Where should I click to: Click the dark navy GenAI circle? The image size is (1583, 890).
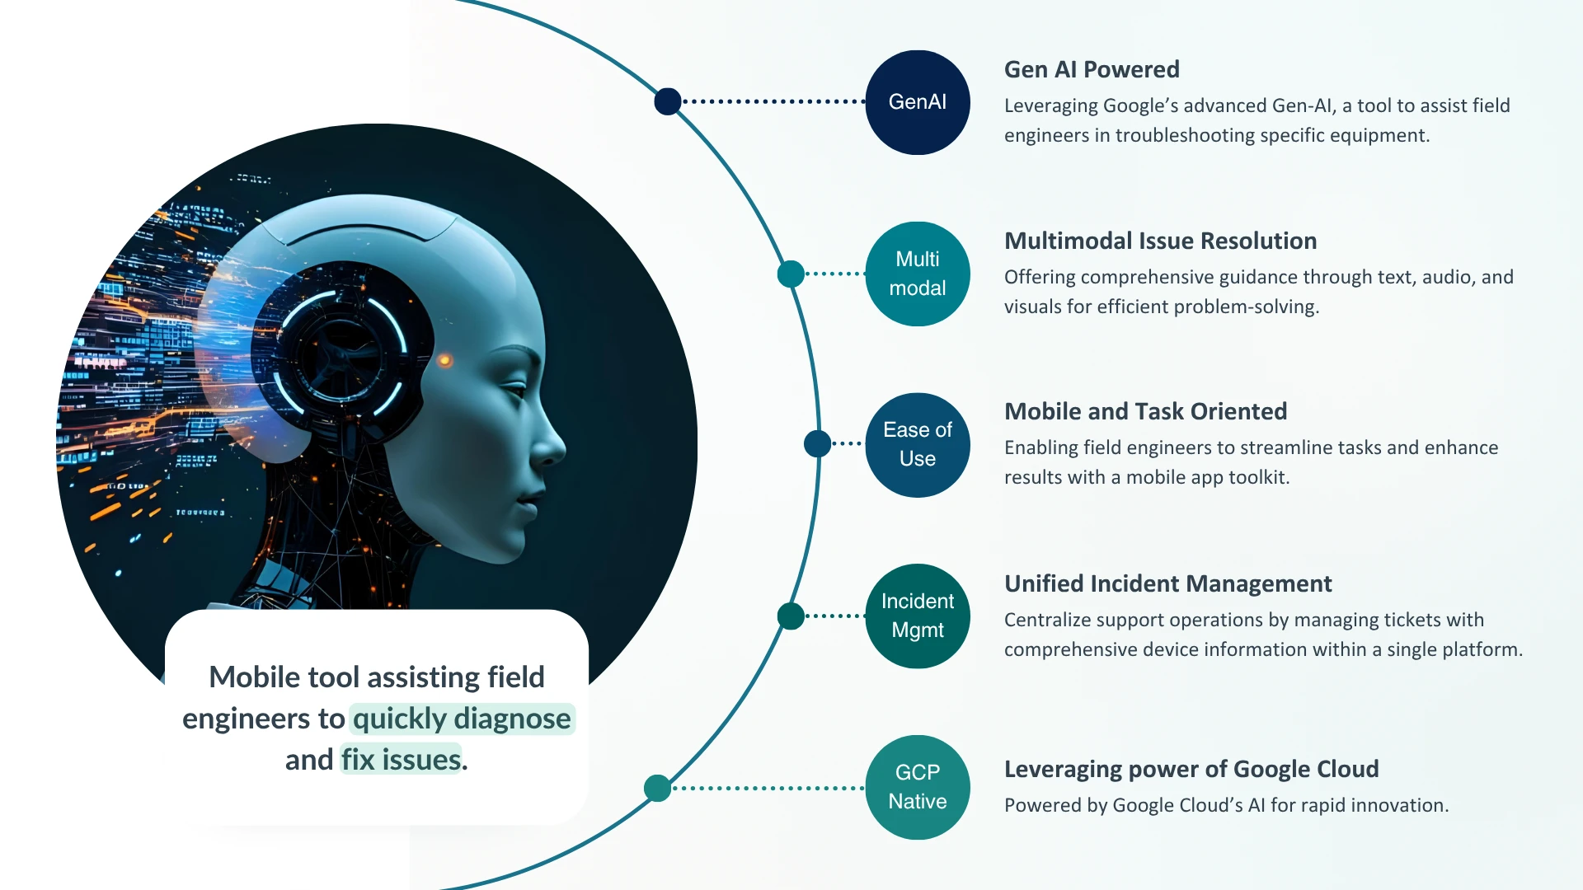pos(917,102)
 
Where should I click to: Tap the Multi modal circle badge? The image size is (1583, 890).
pos(917,274)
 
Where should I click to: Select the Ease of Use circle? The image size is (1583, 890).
pos(917,445)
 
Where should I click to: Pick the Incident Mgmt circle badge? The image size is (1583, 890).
pos(917,616)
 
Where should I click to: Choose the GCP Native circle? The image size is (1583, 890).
pos(917,787)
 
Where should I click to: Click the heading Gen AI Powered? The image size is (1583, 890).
pos(1091,69)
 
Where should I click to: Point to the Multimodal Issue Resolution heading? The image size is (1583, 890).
pos(1160,241)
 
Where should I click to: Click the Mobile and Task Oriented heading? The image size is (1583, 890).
pos(1145,411)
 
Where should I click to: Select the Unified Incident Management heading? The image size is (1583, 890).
pos(1167,583)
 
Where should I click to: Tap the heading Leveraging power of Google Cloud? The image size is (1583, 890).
pos(1191,769)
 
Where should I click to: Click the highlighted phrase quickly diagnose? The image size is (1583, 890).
pos(462,719)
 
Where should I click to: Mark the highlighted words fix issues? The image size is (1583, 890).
pos(402,760)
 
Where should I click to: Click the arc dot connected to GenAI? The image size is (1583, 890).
pos(668,101)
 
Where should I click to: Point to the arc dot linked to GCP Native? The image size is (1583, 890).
pos(657,788)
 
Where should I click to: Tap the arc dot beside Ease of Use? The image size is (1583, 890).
pos(817,443)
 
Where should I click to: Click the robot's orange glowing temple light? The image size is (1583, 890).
pos(444,360)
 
